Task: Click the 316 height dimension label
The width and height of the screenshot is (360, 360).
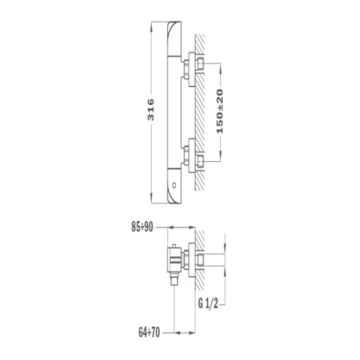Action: tap(150, 109)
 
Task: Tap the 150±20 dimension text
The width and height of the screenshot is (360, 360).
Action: tap(220, 112)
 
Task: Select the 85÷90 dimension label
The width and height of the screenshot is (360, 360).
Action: tap(142, 227)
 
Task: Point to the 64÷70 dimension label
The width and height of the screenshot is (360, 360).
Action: tap(149, 333)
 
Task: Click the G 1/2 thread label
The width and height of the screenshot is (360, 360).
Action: tap(208, 303)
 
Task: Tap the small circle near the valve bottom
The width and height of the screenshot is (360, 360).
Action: tap(174, 185)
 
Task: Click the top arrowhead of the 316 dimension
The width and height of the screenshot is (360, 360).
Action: tap(151, 27)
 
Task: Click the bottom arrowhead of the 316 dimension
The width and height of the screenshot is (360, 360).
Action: tap(151, 198)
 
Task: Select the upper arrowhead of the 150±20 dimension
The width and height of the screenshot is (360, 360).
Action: tap(221, 68)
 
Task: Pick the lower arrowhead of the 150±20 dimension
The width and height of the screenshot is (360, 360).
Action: tap(221, 156)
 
